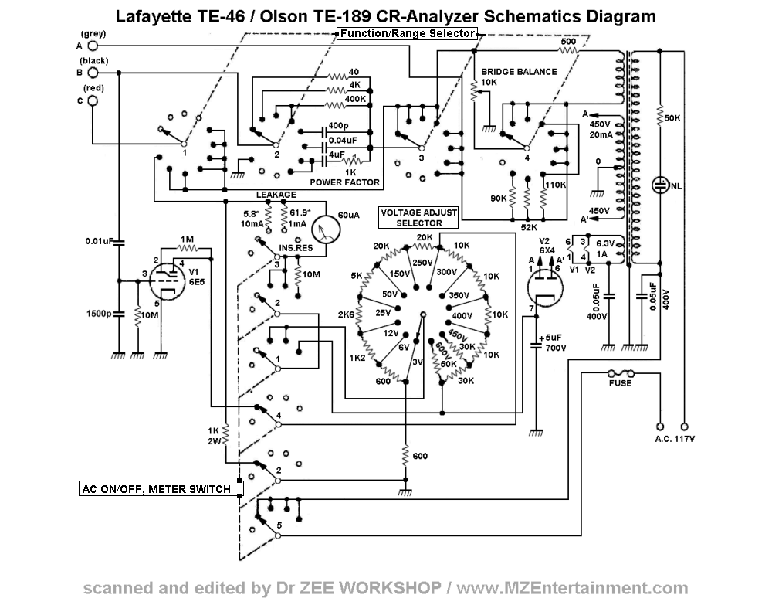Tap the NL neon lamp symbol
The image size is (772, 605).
point(661,185)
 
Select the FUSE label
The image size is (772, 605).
point(620,383)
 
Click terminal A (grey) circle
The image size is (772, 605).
point(93,46)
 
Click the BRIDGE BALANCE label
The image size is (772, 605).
point(518,72)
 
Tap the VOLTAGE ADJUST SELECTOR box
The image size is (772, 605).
point(419,217)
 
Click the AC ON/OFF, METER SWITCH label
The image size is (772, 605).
point(156,488)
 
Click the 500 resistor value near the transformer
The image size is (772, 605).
point(568,41)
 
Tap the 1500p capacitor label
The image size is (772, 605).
point(98,314)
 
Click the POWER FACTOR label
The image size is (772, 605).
point(345,183)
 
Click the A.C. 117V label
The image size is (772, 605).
point(672,439)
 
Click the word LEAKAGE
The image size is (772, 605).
point(277,195)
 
